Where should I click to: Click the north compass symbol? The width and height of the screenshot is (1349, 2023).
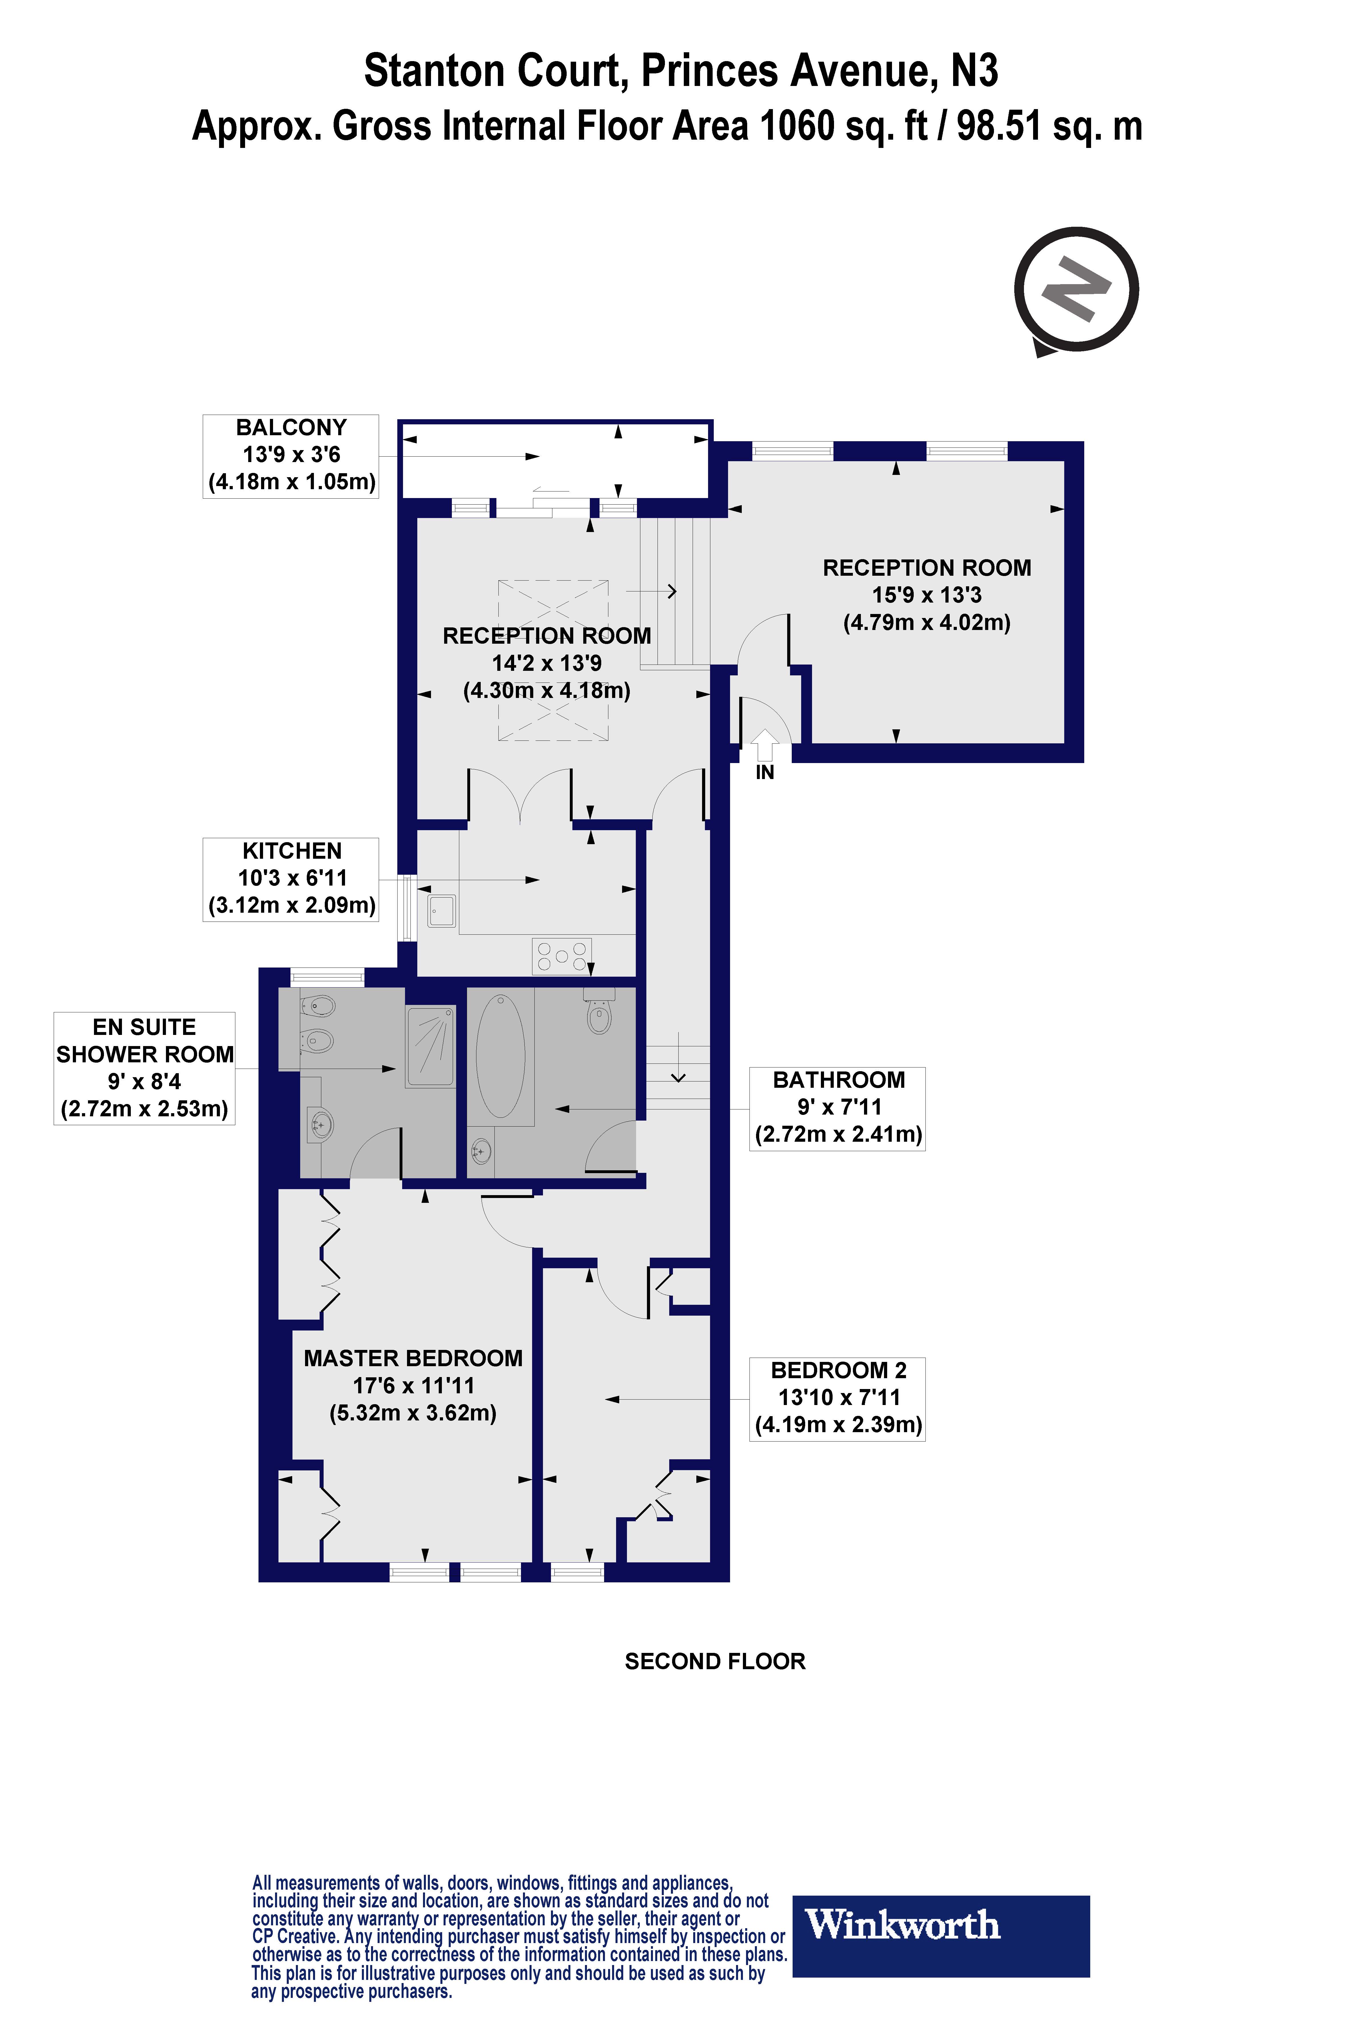1075,290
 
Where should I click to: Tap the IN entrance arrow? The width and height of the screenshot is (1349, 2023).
764,745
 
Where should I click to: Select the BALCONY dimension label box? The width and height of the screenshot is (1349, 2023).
291,455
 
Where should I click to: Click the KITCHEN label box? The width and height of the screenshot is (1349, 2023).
291,878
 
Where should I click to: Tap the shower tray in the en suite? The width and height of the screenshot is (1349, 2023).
430,1047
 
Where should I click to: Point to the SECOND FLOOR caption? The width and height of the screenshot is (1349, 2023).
715,1661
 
